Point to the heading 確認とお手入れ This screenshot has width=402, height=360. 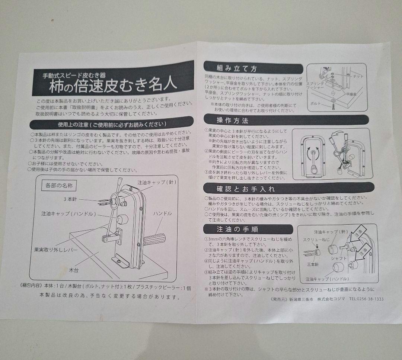coord(246,189)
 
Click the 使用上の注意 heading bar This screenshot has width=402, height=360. coord(112,124)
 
